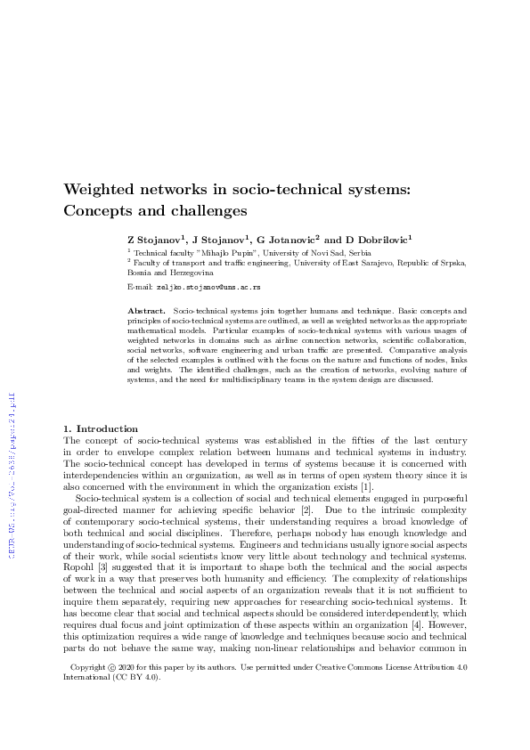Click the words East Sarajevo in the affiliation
click(357, 263)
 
